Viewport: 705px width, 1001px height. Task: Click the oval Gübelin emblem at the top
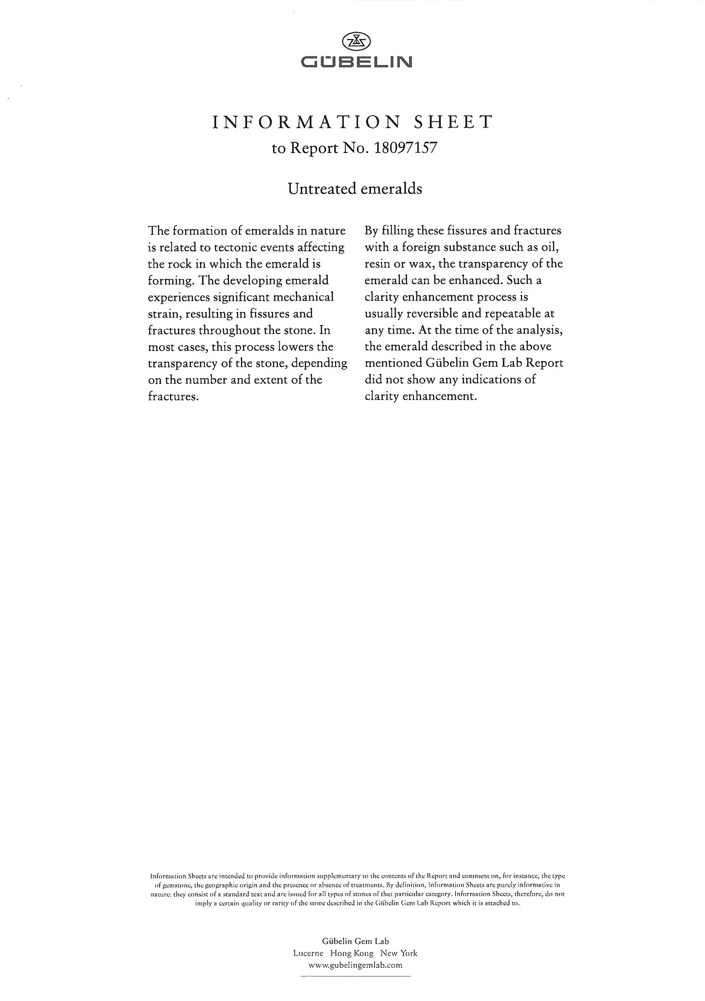pos(356,42)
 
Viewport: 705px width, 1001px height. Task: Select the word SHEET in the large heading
pos(453,122)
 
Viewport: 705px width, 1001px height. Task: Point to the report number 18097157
pos(405,148)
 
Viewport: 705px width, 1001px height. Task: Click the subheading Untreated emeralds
pos(355,189)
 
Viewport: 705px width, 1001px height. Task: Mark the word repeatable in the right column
pos(509,313)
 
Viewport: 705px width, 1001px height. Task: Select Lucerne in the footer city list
pos(308,953)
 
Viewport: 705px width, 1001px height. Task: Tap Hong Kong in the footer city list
pos(352,953)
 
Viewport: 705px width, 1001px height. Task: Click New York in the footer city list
pos(399,953)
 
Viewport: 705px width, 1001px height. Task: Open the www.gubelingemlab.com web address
pos(355,965)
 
